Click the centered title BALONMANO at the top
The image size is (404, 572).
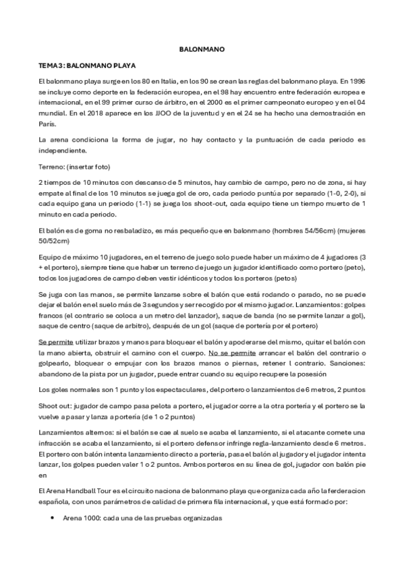[202, 49]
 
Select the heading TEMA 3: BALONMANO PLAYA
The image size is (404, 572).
[87, 67]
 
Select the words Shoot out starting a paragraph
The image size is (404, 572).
[55, 407]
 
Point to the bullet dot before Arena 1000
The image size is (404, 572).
[53, 518]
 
